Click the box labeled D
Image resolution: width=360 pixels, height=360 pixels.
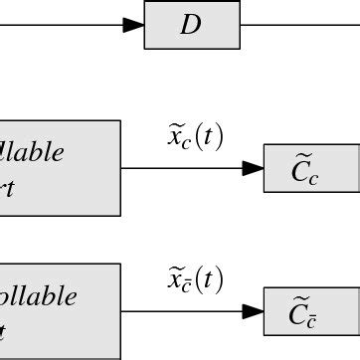(x=192, y=25)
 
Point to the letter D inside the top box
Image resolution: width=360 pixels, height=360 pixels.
(x=190, y=26)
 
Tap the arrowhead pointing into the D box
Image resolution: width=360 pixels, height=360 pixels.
(x=133, y=25)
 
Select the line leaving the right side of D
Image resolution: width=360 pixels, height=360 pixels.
(x=298, y=25)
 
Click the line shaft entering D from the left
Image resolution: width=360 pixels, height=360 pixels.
(x=60, y=25)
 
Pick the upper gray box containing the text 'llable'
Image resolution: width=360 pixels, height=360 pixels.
(x=60, y=167)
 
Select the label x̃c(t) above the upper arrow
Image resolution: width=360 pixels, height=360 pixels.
(x=195, y=138)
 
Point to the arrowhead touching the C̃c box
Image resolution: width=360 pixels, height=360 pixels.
(x=253, y=168)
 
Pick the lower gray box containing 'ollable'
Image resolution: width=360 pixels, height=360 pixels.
(x=60, y=310)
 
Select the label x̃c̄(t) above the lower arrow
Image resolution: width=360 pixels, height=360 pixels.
(x=195, y=281)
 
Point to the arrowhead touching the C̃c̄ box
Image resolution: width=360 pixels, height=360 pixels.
(x=253, y=311)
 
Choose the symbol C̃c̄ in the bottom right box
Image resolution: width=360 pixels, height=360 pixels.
(x=304, y=314)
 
